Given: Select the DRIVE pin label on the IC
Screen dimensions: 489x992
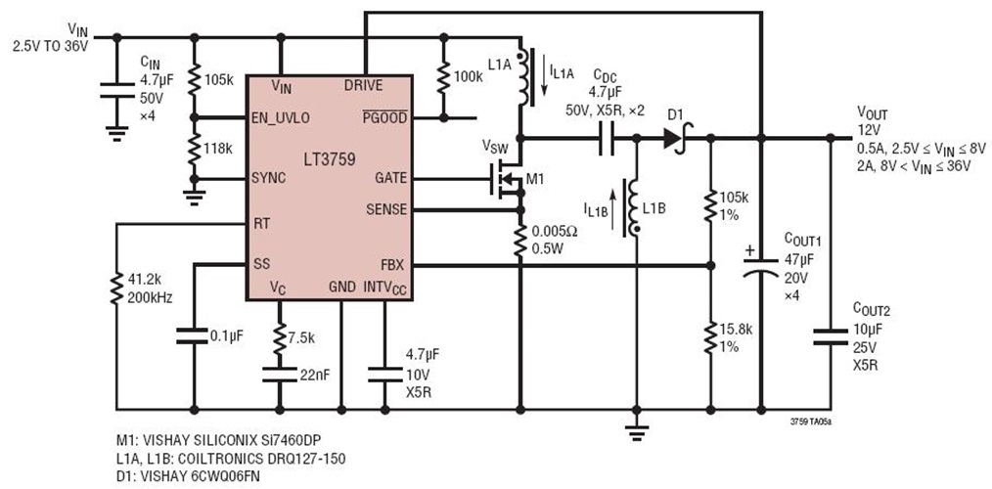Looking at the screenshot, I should [364, 85].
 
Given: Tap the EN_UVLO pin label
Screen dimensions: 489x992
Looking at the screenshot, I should [281, 117].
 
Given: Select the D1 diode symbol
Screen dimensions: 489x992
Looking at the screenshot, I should [672, 138].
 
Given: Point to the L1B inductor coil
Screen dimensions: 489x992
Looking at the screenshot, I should [634, 205].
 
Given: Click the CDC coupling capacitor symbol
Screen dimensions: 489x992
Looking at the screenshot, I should [606, 138].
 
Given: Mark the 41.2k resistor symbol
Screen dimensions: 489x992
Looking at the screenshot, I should [115, 289].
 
